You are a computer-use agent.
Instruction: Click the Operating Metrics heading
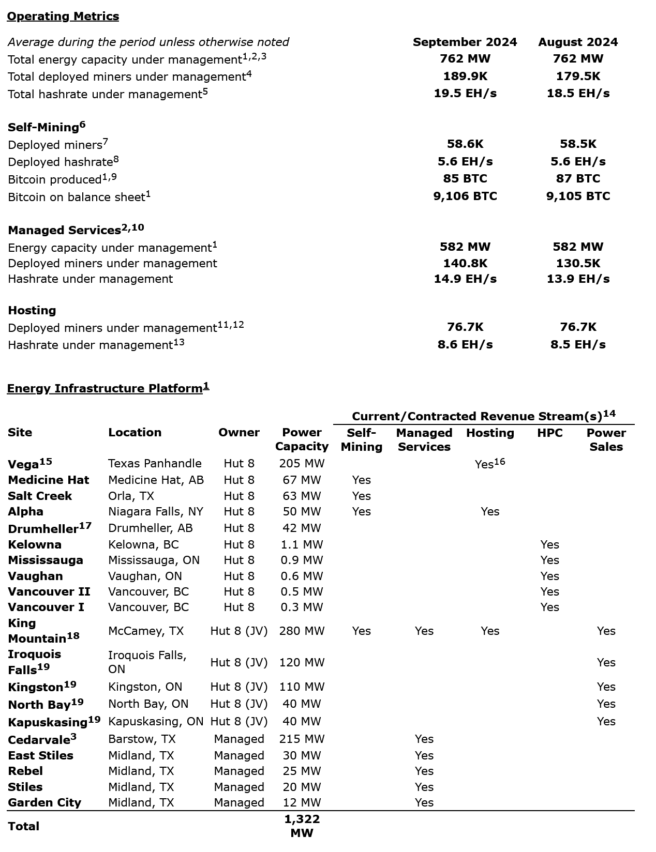click(x=63, y=17)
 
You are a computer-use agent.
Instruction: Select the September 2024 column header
click(x=465, y=42)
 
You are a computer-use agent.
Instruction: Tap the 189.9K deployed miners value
click(x=465, y=77)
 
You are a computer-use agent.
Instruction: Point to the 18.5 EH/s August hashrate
click(x=578, y=94)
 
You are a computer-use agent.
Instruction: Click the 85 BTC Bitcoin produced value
click(x=465, y=179)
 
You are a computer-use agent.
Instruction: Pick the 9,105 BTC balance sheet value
click(x=578, y=196)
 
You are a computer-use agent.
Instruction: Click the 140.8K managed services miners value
click(x=465, y=264)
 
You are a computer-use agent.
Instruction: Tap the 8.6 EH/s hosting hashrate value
click(x=465, y=345)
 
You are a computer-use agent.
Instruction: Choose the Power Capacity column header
click(x=302, y=439)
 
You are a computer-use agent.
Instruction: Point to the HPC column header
click(x=549, y=433)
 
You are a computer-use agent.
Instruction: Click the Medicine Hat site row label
click(x=48, y=480)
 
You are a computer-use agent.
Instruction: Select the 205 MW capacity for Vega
click(x=302, y=464)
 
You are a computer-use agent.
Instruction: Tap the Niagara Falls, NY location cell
click(x=155, y=512)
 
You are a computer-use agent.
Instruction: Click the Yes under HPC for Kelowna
click(x=549, y=545)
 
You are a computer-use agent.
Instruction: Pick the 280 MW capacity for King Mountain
click(x=302, y=631)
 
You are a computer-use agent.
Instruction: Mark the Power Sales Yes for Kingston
click(x=606, y=687)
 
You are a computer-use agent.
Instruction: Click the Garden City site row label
click(x=44, y=803)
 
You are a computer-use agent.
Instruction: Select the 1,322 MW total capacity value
click(x=302, y=826)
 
